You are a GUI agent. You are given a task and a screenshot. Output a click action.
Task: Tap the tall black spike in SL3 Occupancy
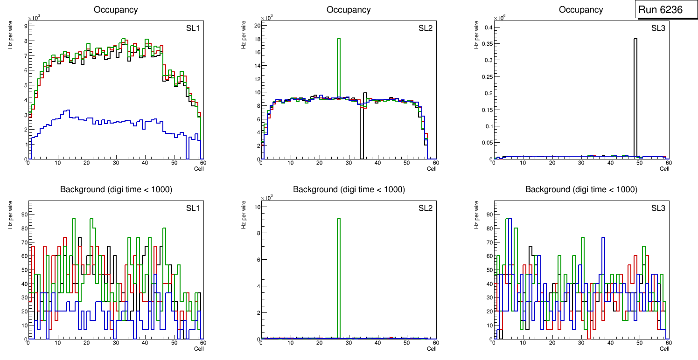[x=635, y=93]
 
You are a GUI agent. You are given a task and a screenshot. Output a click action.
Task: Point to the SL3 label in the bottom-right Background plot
[x=658, y=208]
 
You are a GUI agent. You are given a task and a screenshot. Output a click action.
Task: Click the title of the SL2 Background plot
[x=349, y=189]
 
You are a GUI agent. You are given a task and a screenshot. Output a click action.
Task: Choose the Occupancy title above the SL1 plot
[x=116, y=9]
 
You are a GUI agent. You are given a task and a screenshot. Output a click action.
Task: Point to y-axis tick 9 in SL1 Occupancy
[x=25, y=26]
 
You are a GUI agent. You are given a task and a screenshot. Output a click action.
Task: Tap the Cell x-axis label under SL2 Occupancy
[x=432, y=168]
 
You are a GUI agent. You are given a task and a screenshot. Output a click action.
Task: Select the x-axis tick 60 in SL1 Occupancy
[x=203, y=163]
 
